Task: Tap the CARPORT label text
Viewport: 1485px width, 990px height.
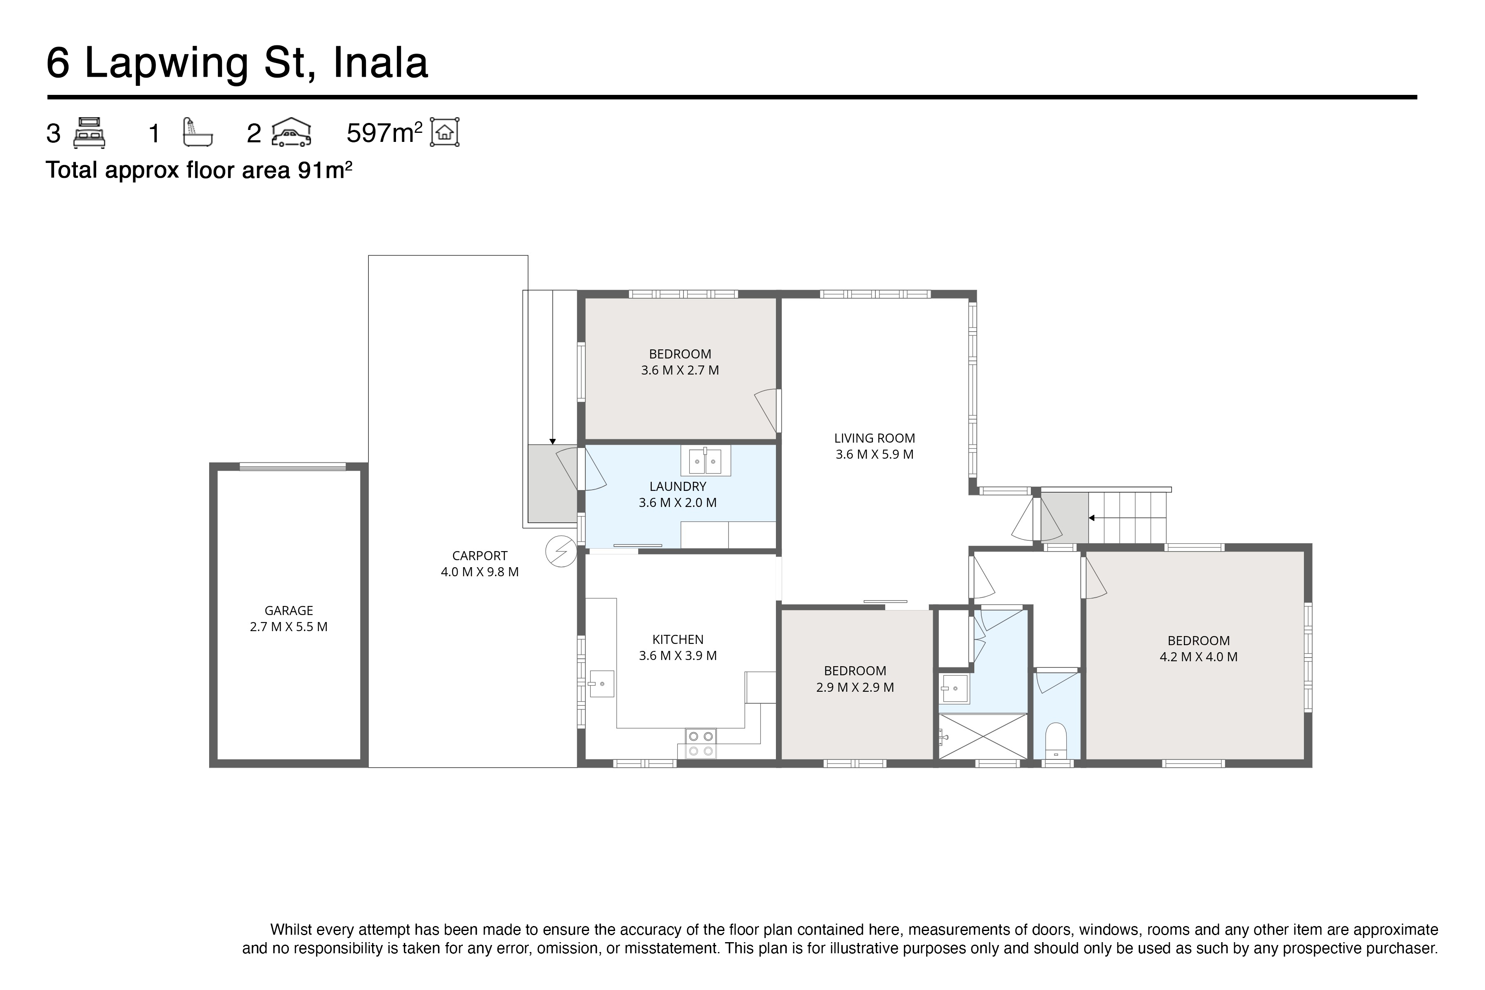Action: tap(479, 556)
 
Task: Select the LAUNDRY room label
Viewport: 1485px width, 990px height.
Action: tap(677, 486)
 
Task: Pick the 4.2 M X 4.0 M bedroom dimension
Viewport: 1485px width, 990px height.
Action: tap(1198, 657)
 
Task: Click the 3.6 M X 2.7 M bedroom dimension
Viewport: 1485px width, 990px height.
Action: tap(679, 370)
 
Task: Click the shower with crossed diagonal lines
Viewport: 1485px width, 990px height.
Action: tap(983, 736)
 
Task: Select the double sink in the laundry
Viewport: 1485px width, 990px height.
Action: tap(705, 461)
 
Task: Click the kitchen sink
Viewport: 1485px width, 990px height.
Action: tap(601, 684)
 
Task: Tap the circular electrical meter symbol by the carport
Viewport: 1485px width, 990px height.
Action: tap(561, 551)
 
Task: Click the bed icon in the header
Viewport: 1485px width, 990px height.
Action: tap(89, 133)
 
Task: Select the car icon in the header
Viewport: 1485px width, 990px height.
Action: tap(291, 133)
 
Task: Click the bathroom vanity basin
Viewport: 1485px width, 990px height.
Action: tap(954, 688)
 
